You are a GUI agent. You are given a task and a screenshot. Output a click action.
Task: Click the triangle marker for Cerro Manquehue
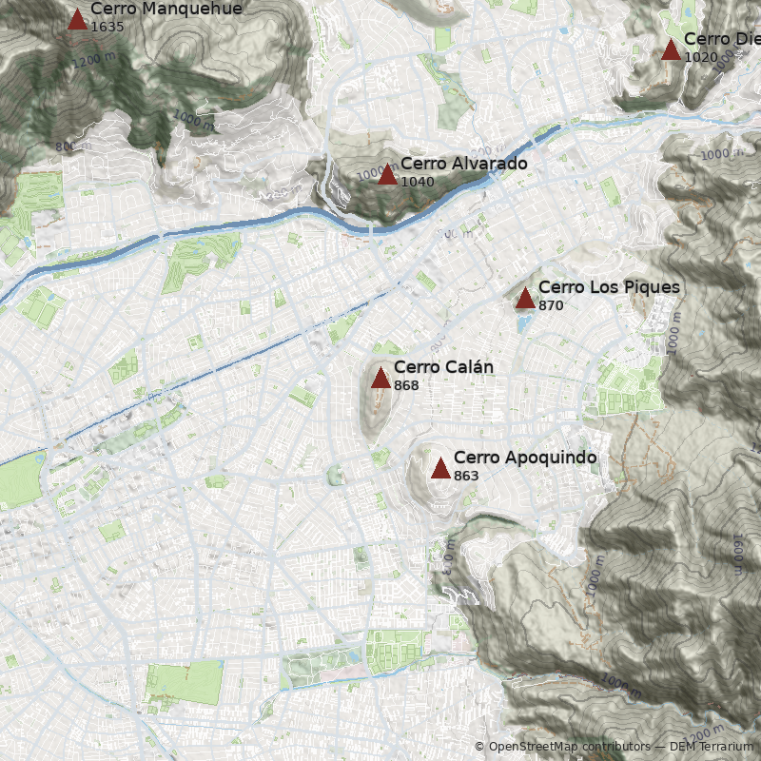77,19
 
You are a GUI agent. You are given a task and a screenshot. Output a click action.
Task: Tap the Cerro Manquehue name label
166,10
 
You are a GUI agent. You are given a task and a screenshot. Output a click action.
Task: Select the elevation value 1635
107,27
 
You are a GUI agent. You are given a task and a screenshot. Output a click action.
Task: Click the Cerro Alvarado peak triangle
387,175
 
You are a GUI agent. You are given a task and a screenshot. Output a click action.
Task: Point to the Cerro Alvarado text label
463,164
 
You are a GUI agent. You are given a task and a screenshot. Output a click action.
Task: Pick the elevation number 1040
417,182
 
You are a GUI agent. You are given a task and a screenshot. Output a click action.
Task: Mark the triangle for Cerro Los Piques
525,299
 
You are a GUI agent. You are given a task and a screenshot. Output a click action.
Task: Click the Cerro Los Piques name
609,287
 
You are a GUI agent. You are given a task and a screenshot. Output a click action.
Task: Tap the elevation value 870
551,305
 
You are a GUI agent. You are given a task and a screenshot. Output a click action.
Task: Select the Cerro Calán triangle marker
380,379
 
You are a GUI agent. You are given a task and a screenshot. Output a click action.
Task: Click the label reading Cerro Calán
443,367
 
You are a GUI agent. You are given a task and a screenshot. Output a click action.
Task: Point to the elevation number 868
406,385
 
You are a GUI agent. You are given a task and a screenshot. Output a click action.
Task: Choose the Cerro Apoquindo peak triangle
440,468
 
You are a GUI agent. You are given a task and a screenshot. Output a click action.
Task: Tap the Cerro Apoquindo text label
525,458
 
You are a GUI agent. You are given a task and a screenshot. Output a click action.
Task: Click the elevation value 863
466,476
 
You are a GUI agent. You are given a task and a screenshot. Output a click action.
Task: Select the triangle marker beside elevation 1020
671,49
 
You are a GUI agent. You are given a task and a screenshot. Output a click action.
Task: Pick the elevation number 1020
700,57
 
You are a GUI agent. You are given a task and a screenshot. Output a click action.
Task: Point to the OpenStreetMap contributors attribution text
568,747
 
